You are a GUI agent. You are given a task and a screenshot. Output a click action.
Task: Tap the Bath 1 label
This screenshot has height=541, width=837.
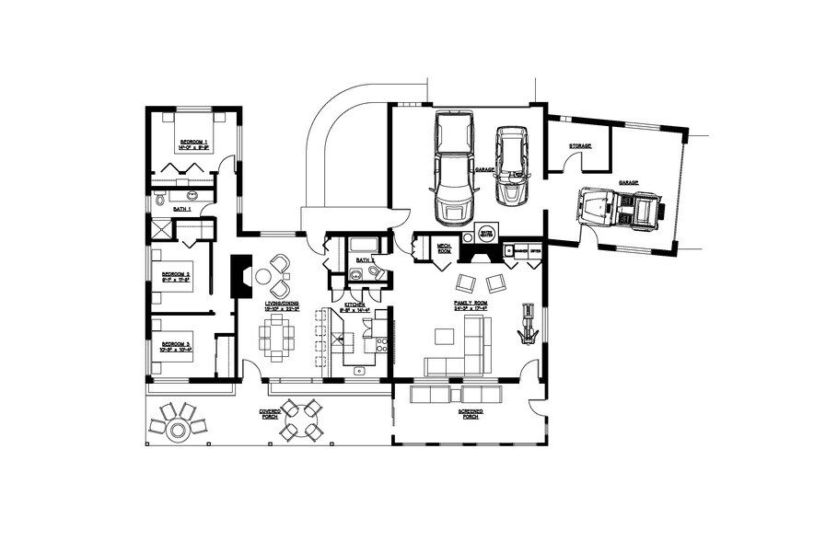pyautogui.click(x=182, y=210)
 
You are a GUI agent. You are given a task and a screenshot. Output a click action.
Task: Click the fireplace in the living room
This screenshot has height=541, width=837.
pyautogui.click(x=239, y=276)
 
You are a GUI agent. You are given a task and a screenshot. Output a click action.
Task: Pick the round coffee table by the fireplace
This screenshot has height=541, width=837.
pyautogui.click(x=263, y=276)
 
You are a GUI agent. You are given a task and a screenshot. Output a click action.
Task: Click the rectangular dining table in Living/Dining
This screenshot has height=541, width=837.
pyautogui.click(x=276, y=338)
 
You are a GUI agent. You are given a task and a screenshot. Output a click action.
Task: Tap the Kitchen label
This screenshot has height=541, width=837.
pyautogui.click(x=355, y=304)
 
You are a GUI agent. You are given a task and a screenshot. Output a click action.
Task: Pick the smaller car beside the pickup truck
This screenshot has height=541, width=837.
pyautogui.click(x=512, y=166)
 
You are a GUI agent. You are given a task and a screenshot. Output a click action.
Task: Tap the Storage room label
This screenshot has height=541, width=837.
pyautogui.click(x=579, y=146)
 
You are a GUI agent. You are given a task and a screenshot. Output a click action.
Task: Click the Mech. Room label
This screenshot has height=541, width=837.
pyautogui.click(x=443, y=247)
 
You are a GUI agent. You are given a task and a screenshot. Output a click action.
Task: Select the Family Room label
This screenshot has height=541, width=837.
pyautogui.click(x=470, y=304)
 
